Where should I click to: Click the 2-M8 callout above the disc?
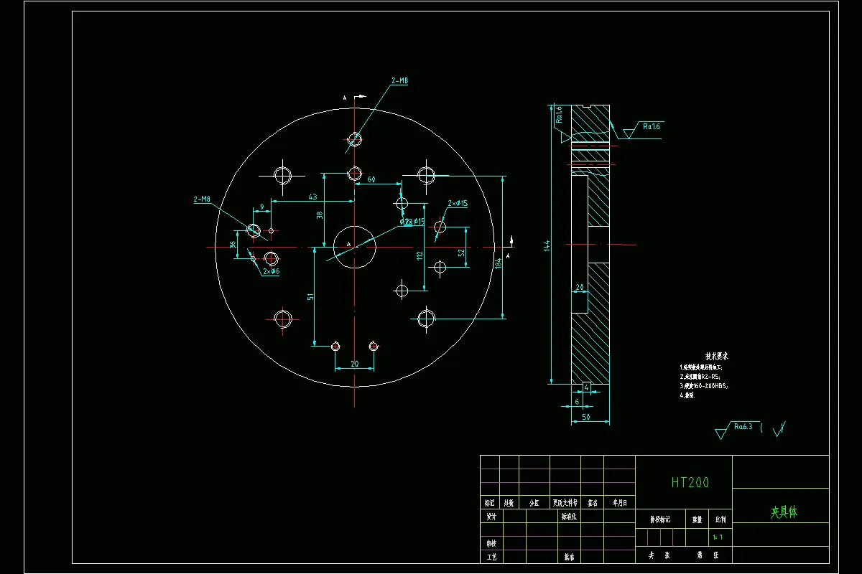click(x=400, y=82)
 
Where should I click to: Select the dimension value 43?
click(x=312, y=197)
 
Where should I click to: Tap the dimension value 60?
click(x=371, y=179)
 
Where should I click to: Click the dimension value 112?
click(x=420, y=255)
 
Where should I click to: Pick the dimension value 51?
click(x=310, y=296)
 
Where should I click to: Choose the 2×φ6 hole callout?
click(x=271, y=272)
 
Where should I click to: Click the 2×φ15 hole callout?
click(x=458, y=204)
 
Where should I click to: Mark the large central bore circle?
click(x=355, y=246)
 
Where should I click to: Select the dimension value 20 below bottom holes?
click(x=354, y=364)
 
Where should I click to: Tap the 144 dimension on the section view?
click(x=547, y=245)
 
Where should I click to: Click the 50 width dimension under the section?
click(x=586, y=416)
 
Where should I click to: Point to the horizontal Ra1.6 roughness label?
click(x=652, y=126)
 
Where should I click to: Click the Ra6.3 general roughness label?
click(x=743, y=426)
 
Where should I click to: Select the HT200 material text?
click(x=690, y=483)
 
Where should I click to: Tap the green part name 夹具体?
click(x=784, y=512)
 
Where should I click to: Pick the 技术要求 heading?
click(x=716, y=356)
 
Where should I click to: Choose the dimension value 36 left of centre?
click(x=233, y=245)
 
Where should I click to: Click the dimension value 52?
click(x=461, y=252)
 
